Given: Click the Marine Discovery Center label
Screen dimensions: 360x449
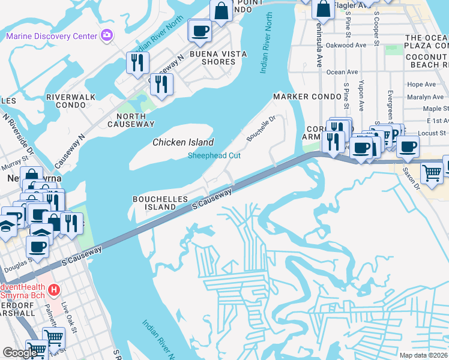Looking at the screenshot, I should pyautogui.click(x=51, y=36).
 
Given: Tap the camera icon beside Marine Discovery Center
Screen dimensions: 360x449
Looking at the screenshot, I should pyautogui.click(x=107, y=35).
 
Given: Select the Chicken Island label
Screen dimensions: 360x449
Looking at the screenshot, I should pyautogui.click(x=183, y=142).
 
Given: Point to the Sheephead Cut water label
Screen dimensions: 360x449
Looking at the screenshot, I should pyautogui.click(x=214, y=155).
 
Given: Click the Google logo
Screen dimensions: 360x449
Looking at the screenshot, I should pyautogui.click(x=19, y=353).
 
